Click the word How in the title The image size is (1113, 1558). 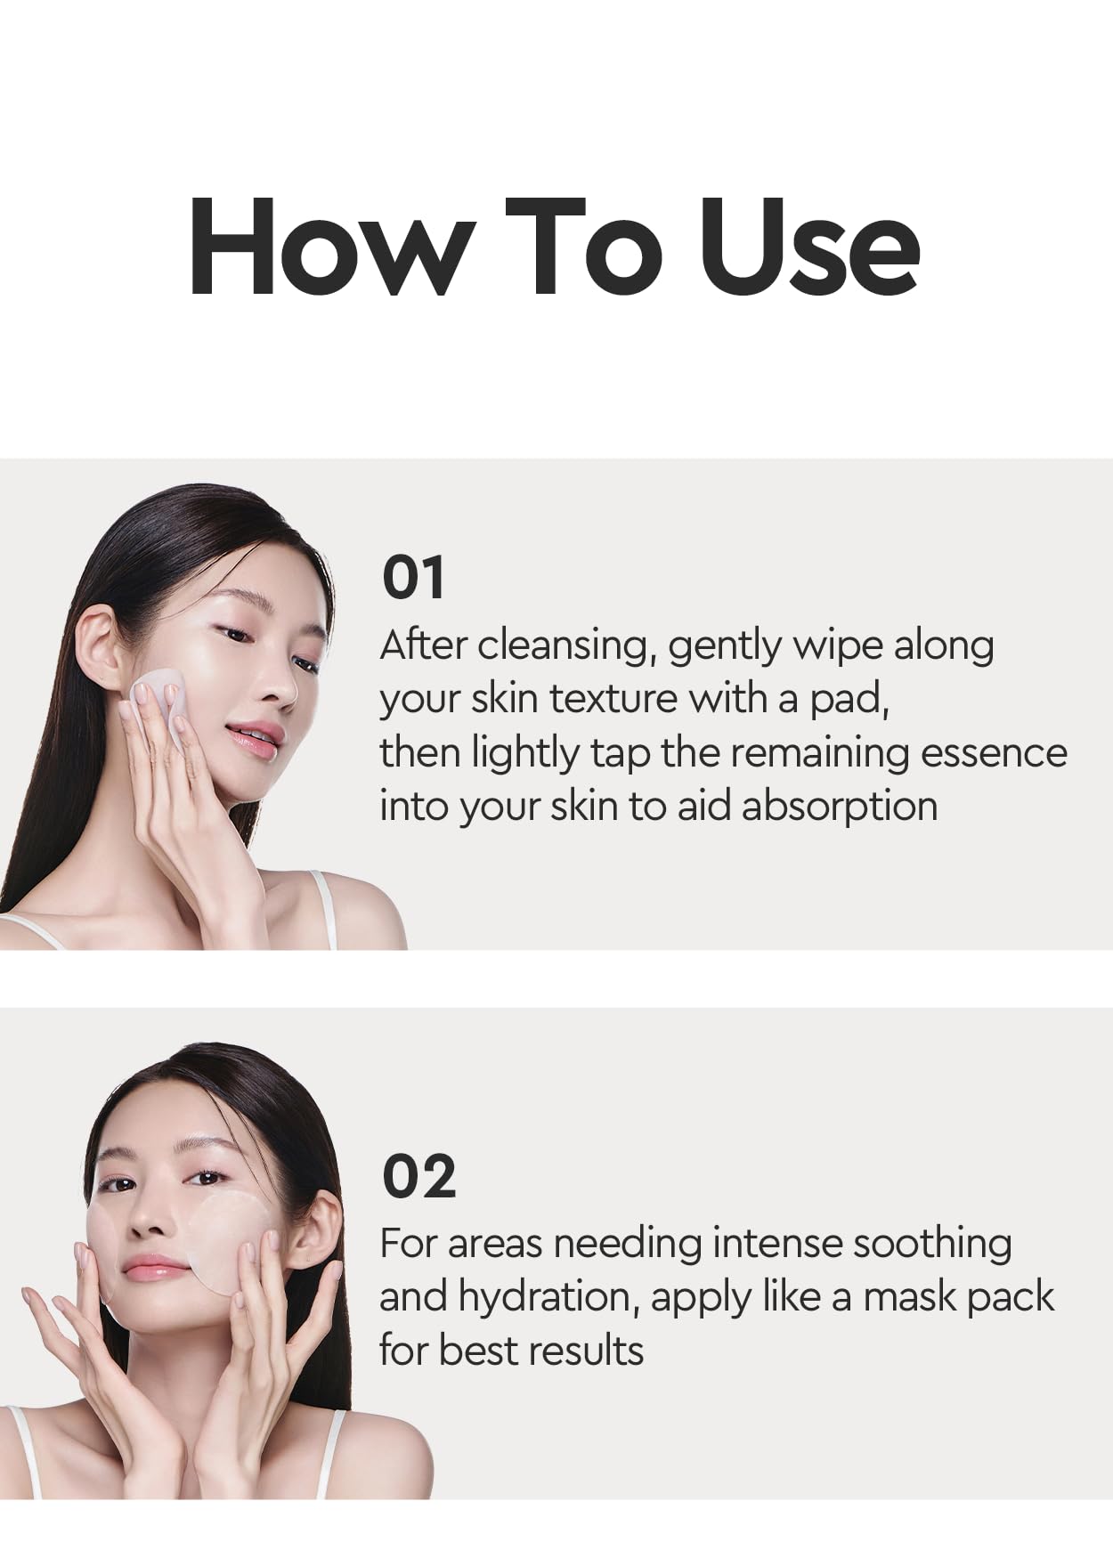[329, 246]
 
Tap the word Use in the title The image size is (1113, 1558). [808, 246]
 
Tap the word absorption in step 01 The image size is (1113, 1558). [839, 807]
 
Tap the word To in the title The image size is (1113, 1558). [584, 246]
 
